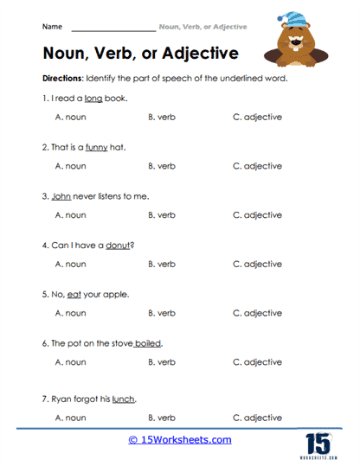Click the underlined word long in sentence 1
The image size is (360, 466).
94,99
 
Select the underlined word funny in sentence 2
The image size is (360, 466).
97,147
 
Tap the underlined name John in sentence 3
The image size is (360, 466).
61,196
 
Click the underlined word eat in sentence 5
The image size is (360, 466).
79,294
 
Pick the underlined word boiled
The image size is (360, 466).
148,343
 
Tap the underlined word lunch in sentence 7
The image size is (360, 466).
123,399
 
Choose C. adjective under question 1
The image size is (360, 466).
257,118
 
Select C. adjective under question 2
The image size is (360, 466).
257,166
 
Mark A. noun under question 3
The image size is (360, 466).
70,215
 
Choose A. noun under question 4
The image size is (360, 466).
70,264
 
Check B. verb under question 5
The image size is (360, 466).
163,313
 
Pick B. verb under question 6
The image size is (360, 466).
163,362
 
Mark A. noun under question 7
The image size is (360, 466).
70,418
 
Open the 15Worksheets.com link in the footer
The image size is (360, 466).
180,440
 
